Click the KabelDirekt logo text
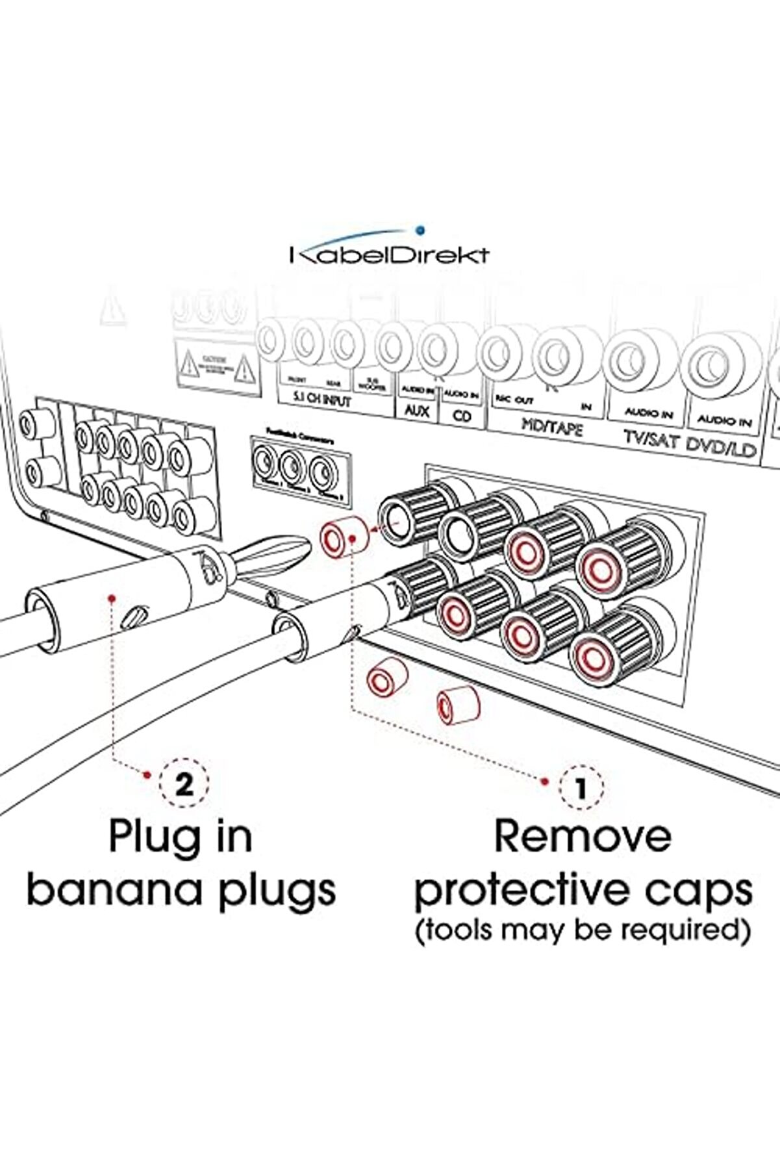click(389, 254)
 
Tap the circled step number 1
click(581, 788)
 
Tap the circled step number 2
click(184, 785)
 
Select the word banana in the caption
click(116, 890)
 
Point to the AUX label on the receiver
click(416, 411)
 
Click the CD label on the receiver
click(462, 415)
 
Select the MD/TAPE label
click(552, 427)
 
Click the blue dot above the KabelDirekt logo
click(420, 229)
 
